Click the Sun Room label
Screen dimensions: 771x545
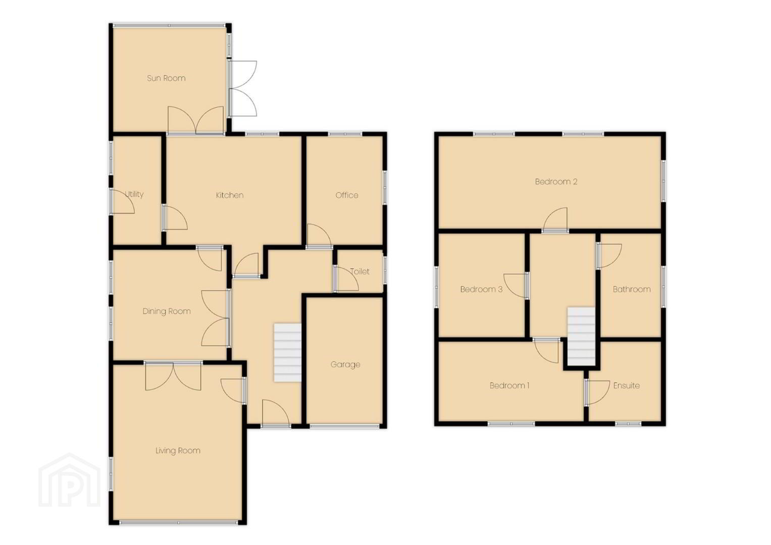tap(166, 78)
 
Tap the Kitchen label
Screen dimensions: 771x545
tap(230, 195)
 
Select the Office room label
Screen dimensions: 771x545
tap(346, 195)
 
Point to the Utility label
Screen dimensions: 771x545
tap(134, 194)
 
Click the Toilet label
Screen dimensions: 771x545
tap(359, 271)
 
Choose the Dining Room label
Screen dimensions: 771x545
tap(167, 311)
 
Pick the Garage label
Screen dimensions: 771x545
tap(345, 365)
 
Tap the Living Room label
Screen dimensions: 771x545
tap(178, 451)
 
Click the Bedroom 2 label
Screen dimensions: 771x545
tap(556, 182)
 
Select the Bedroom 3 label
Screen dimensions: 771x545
tap(481, 289)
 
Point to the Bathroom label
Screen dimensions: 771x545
tap(632, 289)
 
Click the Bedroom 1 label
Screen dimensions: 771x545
tap(509, 386)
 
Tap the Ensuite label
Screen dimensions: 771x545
tap(627, 386)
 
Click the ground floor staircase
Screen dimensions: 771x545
tap(287, 353)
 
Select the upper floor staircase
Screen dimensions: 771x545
tap(581, 336)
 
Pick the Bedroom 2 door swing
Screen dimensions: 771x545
tap(555, 220)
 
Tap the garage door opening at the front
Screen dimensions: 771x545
tap(344, 426)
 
